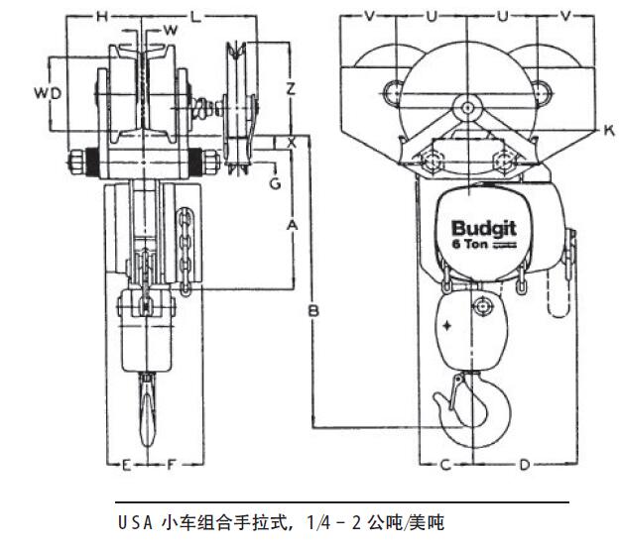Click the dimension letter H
point(101,17)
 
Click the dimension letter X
point(291,143)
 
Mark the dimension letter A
point(292,226)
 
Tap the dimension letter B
point(312,311)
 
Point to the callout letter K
point(607,130)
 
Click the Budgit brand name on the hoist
point(478,228)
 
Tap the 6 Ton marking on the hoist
point(468,244)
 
